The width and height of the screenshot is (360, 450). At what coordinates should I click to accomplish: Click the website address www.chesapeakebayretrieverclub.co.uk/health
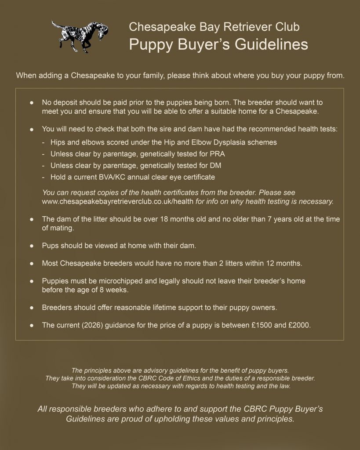(x=117, y=202)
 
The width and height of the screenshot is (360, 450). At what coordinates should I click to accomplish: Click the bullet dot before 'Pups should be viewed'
(x=31, y=247)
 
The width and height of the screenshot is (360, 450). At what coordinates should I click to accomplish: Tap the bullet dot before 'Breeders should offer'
(x=31, y=307)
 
